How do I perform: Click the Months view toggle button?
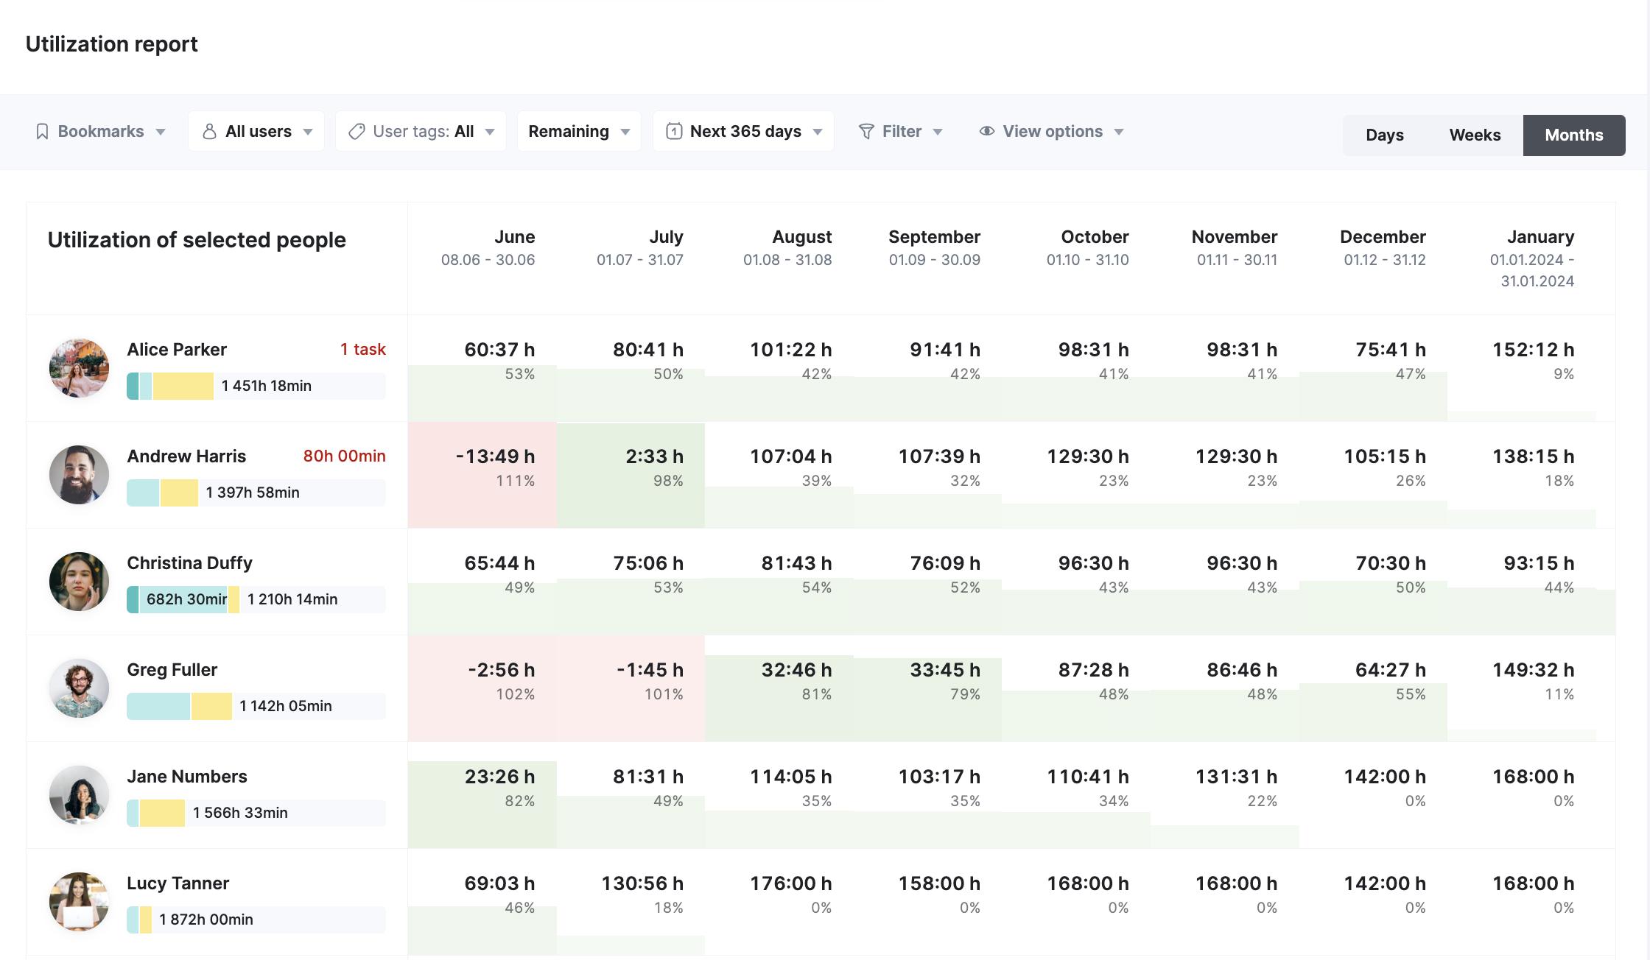1573,135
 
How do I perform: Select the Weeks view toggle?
1475,135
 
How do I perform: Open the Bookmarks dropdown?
101,132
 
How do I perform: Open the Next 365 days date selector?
743,132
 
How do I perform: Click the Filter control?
900,132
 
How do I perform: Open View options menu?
1051,132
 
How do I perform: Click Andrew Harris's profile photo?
79,475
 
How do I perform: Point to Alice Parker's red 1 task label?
362,350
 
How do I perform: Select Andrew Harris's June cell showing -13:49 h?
495,456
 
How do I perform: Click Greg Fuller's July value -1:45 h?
650,670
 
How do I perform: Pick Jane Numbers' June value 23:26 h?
499,777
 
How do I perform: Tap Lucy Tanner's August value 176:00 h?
790,883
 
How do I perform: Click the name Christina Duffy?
189,563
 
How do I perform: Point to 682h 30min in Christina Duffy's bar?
186,599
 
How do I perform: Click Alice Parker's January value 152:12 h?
1533,350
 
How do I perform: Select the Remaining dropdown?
578,132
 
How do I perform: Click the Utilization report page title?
111,44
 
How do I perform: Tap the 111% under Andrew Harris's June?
515,481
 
